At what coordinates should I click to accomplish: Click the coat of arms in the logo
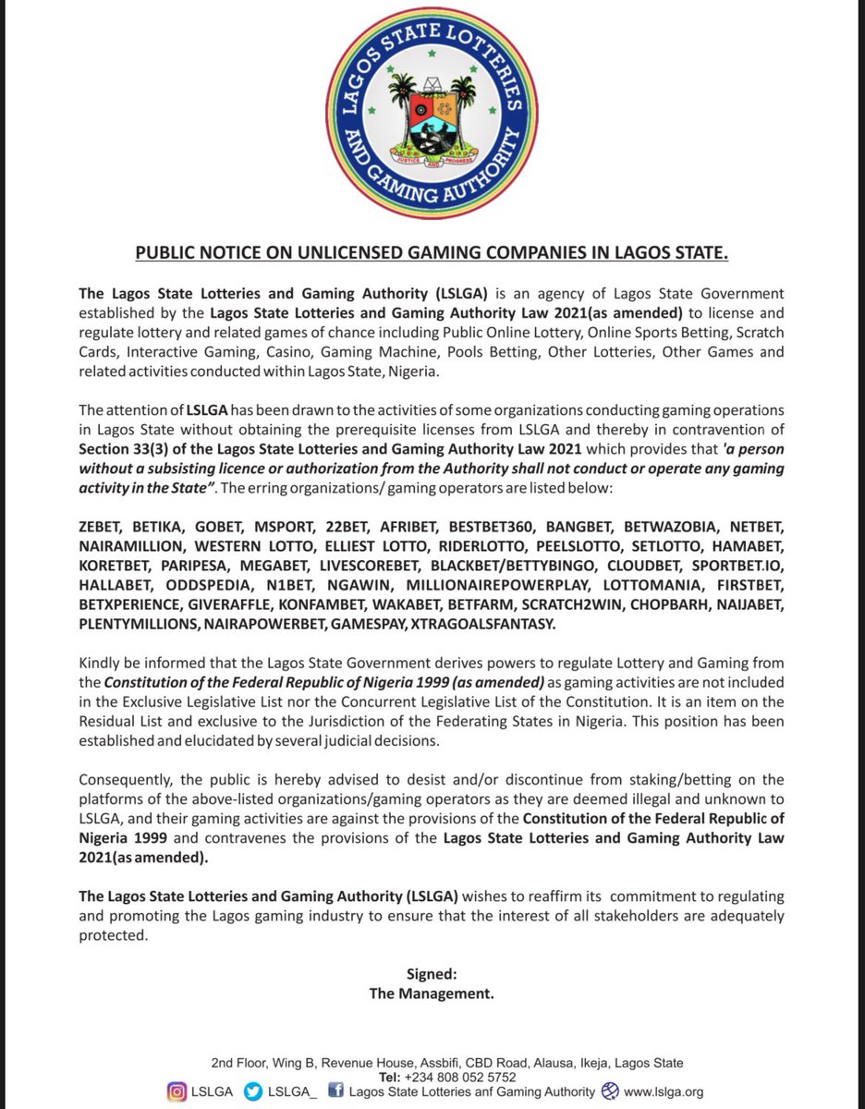pos(432,120)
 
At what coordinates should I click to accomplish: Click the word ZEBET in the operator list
pos(103,528)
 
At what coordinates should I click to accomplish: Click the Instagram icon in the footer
pos(176,1091)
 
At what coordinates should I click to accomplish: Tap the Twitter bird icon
pos(252,1091)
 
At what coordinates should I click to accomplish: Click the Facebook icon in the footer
pos(337,1091)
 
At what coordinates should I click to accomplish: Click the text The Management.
pos(432,993)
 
